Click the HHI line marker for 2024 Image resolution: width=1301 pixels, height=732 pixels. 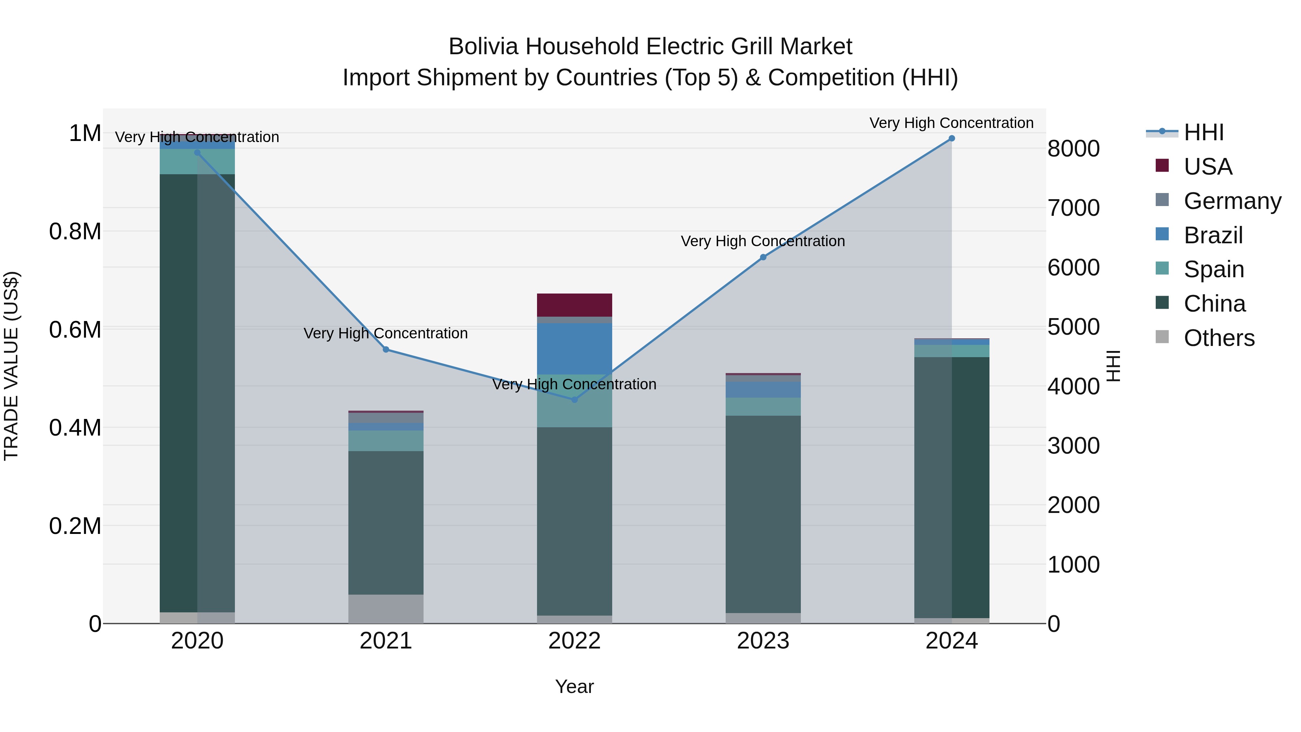pyautogui.click(x=952, y=138)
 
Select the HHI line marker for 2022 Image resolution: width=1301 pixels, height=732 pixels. pyautogui.click(x=574, y=399)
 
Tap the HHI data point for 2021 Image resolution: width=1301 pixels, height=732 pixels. pyautogui.click(x=386, y=350)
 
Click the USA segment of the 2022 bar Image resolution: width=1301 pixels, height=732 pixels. pyautogui.click(x=574, y=305)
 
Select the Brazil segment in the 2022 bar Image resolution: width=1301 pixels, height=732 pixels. pyautogui.click(x=574, y=348)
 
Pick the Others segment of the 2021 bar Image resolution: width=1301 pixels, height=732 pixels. pyautogui.click(x=386, y=609)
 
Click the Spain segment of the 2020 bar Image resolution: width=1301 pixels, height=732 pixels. pyautogui.click(x=197, y=162)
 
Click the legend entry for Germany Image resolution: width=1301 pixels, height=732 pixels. pyautogui.click(x=1232, y=201)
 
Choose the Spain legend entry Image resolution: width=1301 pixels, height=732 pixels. pyautogui.click(x=1214, y=269)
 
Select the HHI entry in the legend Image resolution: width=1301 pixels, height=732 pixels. pyautogui.click(x=1203, y=132)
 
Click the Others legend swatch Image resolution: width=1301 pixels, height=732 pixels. pyautogui.click(x=1162, y=337)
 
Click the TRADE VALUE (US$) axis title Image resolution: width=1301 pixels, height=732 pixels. pyautogui.click(x=11, y=366)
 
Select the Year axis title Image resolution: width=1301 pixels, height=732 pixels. pyautogui.click(x=574, y=686)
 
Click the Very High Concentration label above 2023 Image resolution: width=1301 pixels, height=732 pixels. pyautogui.click(x=763, y=241)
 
